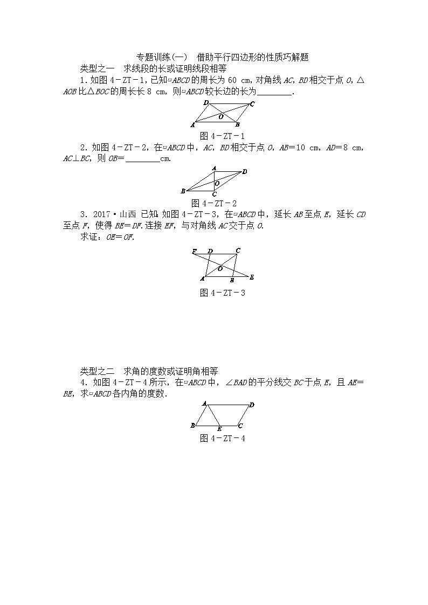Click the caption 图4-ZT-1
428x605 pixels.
click(222, 136)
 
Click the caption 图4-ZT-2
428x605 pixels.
click(214, 203)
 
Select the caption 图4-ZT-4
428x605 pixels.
click(222, 439)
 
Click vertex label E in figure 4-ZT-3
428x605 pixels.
click(252, 277)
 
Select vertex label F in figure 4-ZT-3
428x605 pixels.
click(194, 252)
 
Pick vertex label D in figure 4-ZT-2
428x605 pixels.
click(245, 172)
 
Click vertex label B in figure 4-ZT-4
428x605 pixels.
click(193, 426)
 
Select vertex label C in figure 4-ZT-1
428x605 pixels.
click(252, 104)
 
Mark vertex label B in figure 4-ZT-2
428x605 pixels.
click(183, 191)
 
